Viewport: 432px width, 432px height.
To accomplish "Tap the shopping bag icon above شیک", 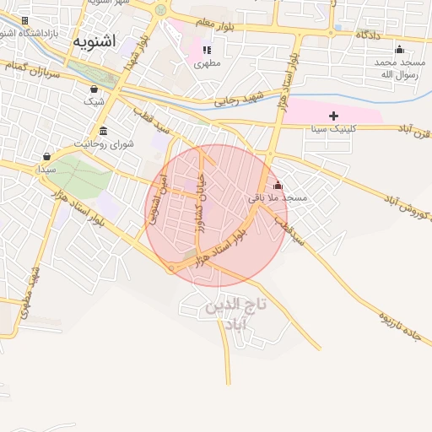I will pos(93,89).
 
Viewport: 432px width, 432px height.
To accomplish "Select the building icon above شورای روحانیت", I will pos(103,131).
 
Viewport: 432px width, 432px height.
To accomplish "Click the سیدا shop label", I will pos(46,170).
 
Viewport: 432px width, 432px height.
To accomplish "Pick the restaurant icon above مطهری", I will pos(207,50).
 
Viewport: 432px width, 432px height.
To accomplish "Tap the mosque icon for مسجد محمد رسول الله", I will pos(399,49).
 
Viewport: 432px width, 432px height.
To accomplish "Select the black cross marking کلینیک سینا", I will pos(333,116).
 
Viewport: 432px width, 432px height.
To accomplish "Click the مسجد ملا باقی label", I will pos(278,197).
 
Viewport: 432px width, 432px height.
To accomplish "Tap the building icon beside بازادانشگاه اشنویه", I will pos(24,20).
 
